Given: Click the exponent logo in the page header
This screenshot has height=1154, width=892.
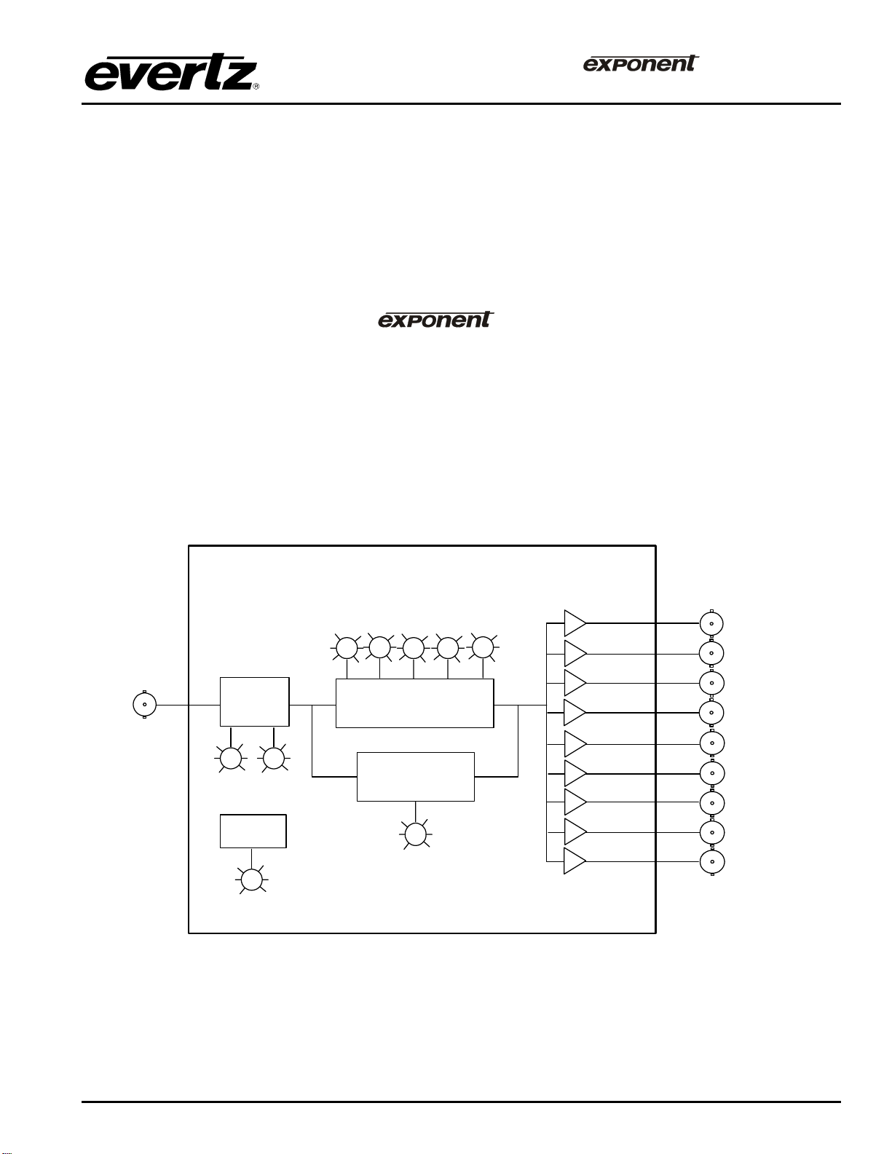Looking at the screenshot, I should click(640, 63).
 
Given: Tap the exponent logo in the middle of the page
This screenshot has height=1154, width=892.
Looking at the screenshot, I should click(435, 320).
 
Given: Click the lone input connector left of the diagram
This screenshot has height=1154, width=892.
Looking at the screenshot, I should click(145, 705).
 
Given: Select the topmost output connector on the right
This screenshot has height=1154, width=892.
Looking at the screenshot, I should click(711, 623).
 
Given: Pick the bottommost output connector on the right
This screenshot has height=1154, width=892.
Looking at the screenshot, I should click(711, 861).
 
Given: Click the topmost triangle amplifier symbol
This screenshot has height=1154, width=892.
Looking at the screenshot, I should click(574, 623).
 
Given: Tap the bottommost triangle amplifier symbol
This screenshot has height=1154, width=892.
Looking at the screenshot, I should click(574, 861).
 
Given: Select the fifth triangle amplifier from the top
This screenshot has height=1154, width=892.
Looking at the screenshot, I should click(574, 743).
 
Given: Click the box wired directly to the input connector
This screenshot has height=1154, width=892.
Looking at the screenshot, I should click(254, 702).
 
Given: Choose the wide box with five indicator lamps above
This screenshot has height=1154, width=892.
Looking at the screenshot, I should click(414, 703).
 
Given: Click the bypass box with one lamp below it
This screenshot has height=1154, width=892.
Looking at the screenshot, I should click(415, 777).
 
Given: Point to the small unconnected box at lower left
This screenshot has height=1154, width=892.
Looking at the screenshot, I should click(253, 831).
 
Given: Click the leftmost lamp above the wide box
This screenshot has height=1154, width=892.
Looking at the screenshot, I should click(346, 647).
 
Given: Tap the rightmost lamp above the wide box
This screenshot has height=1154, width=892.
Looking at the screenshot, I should click(482, 647).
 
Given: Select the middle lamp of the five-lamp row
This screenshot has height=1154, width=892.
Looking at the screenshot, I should click(414, 648).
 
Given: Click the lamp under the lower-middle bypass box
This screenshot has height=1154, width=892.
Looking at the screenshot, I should click(415, 834).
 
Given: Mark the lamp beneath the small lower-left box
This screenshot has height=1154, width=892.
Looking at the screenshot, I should click(252, 880).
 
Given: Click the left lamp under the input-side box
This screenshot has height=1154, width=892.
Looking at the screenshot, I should click(231, 759).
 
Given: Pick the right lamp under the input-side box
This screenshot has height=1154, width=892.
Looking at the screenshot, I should click(274, 759).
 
